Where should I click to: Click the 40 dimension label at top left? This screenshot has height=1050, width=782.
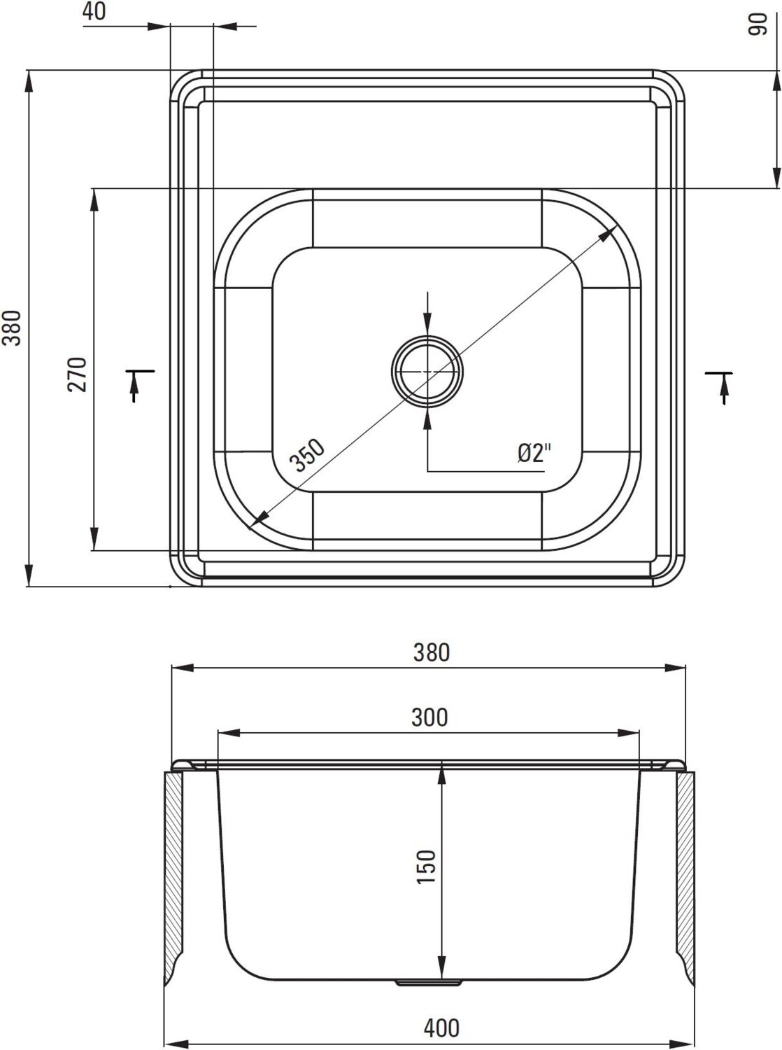point(94,11)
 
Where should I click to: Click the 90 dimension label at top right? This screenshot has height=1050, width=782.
point(757,23)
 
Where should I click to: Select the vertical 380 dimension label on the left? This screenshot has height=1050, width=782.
point(12,328)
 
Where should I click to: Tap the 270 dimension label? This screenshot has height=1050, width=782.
point(77,374)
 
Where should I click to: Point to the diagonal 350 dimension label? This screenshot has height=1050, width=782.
point(307,455)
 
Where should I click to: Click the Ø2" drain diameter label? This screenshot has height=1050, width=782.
point(534,452)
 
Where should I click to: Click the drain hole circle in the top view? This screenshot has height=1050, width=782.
point(427,372)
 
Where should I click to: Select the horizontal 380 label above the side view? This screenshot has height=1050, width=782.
point(431,652)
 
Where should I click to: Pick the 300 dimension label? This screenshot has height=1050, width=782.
point(429,717)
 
